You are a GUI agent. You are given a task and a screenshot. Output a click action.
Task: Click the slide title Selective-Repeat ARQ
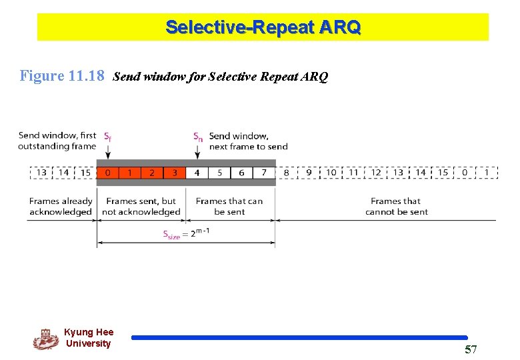tap(263, 27)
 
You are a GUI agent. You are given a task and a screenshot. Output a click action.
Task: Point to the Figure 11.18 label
tap(62, 76)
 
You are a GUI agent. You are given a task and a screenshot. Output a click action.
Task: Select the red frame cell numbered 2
tap(152, 173)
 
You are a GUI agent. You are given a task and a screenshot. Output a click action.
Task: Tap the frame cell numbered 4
tap(197, 173)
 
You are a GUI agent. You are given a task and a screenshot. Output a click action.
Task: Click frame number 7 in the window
tap(264, 173)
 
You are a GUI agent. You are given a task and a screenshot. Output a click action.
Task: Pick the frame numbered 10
tap(331, 173)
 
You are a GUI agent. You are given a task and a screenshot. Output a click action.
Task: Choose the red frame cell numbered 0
tap(107, 173)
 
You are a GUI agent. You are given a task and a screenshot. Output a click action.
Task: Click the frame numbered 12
tap(376, 173)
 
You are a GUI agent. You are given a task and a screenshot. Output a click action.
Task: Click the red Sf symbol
tap(107, 137)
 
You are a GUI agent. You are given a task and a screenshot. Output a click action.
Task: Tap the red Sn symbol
tap(198, 137)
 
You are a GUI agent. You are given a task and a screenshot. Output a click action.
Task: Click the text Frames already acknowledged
tap(61, 207)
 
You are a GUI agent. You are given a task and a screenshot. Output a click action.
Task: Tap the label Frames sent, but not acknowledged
tap(141, 207)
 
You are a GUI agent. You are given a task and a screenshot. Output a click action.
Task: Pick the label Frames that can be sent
tap(229, 207)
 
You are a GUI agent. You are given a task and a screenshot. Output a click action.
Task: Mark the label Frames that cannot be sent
tap(396, 207)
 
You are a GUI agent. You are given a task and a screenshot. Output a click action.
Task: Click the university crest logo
tap(45, 339)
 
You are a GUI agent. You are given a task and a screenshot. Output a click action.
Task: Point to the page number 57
tap(471, 350)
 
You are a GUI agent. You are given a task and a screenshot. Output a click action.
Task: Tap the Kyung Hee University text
tap(89, 338)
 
